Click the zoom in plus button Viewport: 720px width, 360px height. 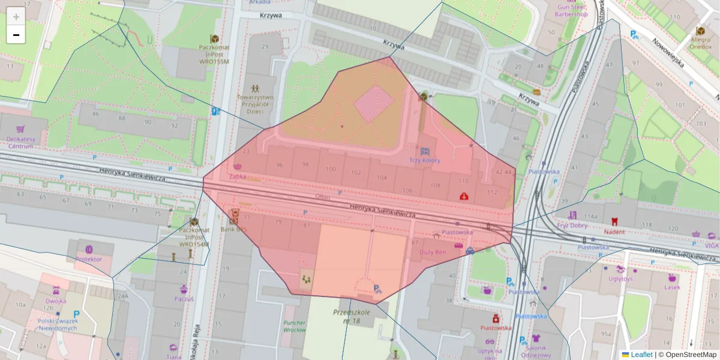16,17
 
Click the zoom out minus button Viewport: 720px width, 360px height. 16,35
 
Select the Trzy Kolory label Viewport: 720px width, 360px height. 425,160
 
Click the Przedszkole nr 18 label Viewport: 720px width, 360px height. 352,316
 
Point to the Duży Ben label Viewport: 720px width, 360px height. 432,252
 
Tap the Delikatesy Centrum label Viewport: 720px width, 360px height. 20,142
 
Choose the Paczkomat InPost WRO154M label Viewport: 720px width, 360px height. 194,236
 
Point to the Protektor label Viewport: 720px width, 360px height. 89,259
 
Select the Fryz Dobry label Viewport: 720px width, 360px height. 572,226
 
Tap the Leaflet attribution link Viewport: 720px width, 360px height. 641,355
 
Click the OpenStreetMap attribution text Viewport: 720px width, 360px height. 690,355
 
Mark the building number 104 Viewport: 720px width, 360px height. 382,178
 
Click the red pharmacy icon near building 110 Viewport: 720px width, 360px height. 464,196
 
